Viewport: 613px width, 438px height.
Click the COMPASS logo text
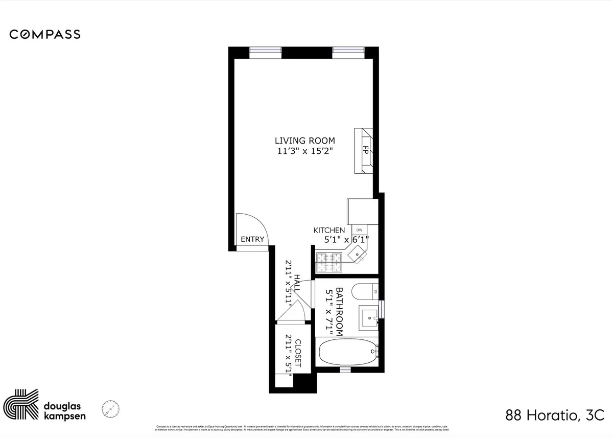pos(45,34)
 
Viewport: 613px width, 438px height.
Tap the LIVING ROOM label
pos(304,141)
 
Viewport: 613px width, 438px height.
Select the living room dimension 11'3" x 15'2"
pos(304,151)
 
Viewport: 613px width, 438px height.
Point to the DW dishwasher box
pos(359,230)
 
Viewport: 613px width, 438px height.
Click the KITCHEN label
pos(329,230)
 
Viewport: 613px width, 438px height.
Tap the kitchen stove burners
pos(328,263)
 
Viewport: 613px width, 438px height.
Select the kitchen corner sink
pos(358,251)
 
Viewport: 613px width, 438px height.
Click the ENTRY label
pos(252,239)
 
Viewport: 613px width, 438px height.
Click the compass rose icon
pos(110,409)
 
